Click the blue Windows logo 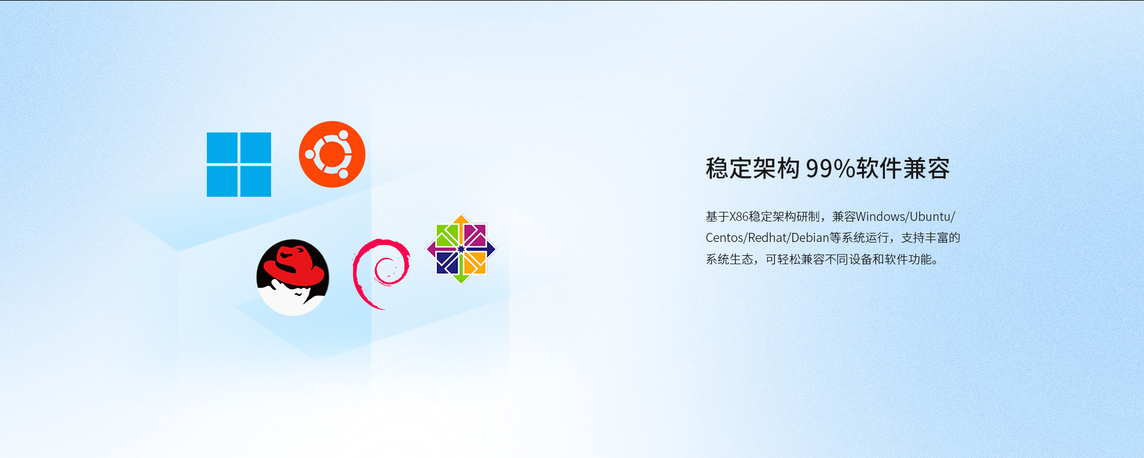click(239, 164)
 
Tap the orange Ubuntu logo click(332, 154)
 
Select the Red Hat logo click(293, 277)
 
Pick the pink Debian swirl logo click(381, 273)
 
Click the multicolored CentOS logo click(461, 249)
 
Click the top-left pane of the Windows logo click(222, 147)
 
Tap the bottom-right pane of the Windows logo click(255, 181)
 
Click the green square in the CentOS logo click(447, 235)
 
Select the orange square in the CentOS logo click(475, 262)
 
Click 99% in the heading click(830, 169)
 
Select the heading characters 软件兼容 click(903, 169)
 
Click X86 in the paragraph click(739, 217)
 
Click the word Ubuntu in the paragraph click(930, 217)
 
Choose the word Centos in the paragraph click(724, 238)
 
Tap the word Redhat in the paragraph click(767, 238)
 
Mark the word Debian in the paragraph click(810, 238)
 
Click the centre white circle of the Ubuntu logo click(332, 155)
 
